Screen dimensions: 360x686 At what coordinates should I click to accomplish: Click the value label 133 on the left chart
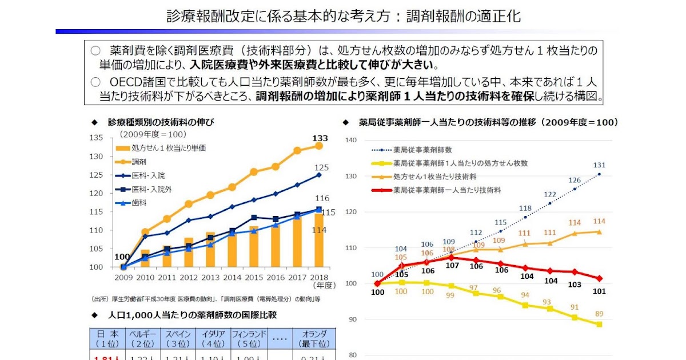point(320,138)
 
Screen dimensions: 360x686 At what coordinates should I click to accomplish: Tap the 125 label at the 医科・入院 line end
point(322,167)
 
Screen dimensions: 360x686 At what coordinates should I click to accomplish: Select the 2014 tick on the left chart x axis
point(232,277)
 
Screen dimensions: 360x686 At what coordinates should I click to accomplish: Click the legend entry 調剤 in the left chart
point(139,162)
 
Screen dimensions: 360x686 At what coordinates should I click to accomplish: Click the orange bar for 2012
point(189,253)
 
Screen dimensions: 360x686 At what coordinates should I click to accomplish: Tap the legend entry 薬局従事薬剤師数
point(422,150)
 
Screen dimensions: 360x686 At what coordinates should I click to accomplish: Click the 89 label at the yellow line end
point(599,313)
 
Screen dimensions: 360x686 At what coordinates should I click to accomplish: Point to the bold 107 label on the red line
point(452,265)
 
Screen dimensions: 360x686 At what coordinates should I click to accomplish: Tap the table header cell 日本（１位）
point(107,338)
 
